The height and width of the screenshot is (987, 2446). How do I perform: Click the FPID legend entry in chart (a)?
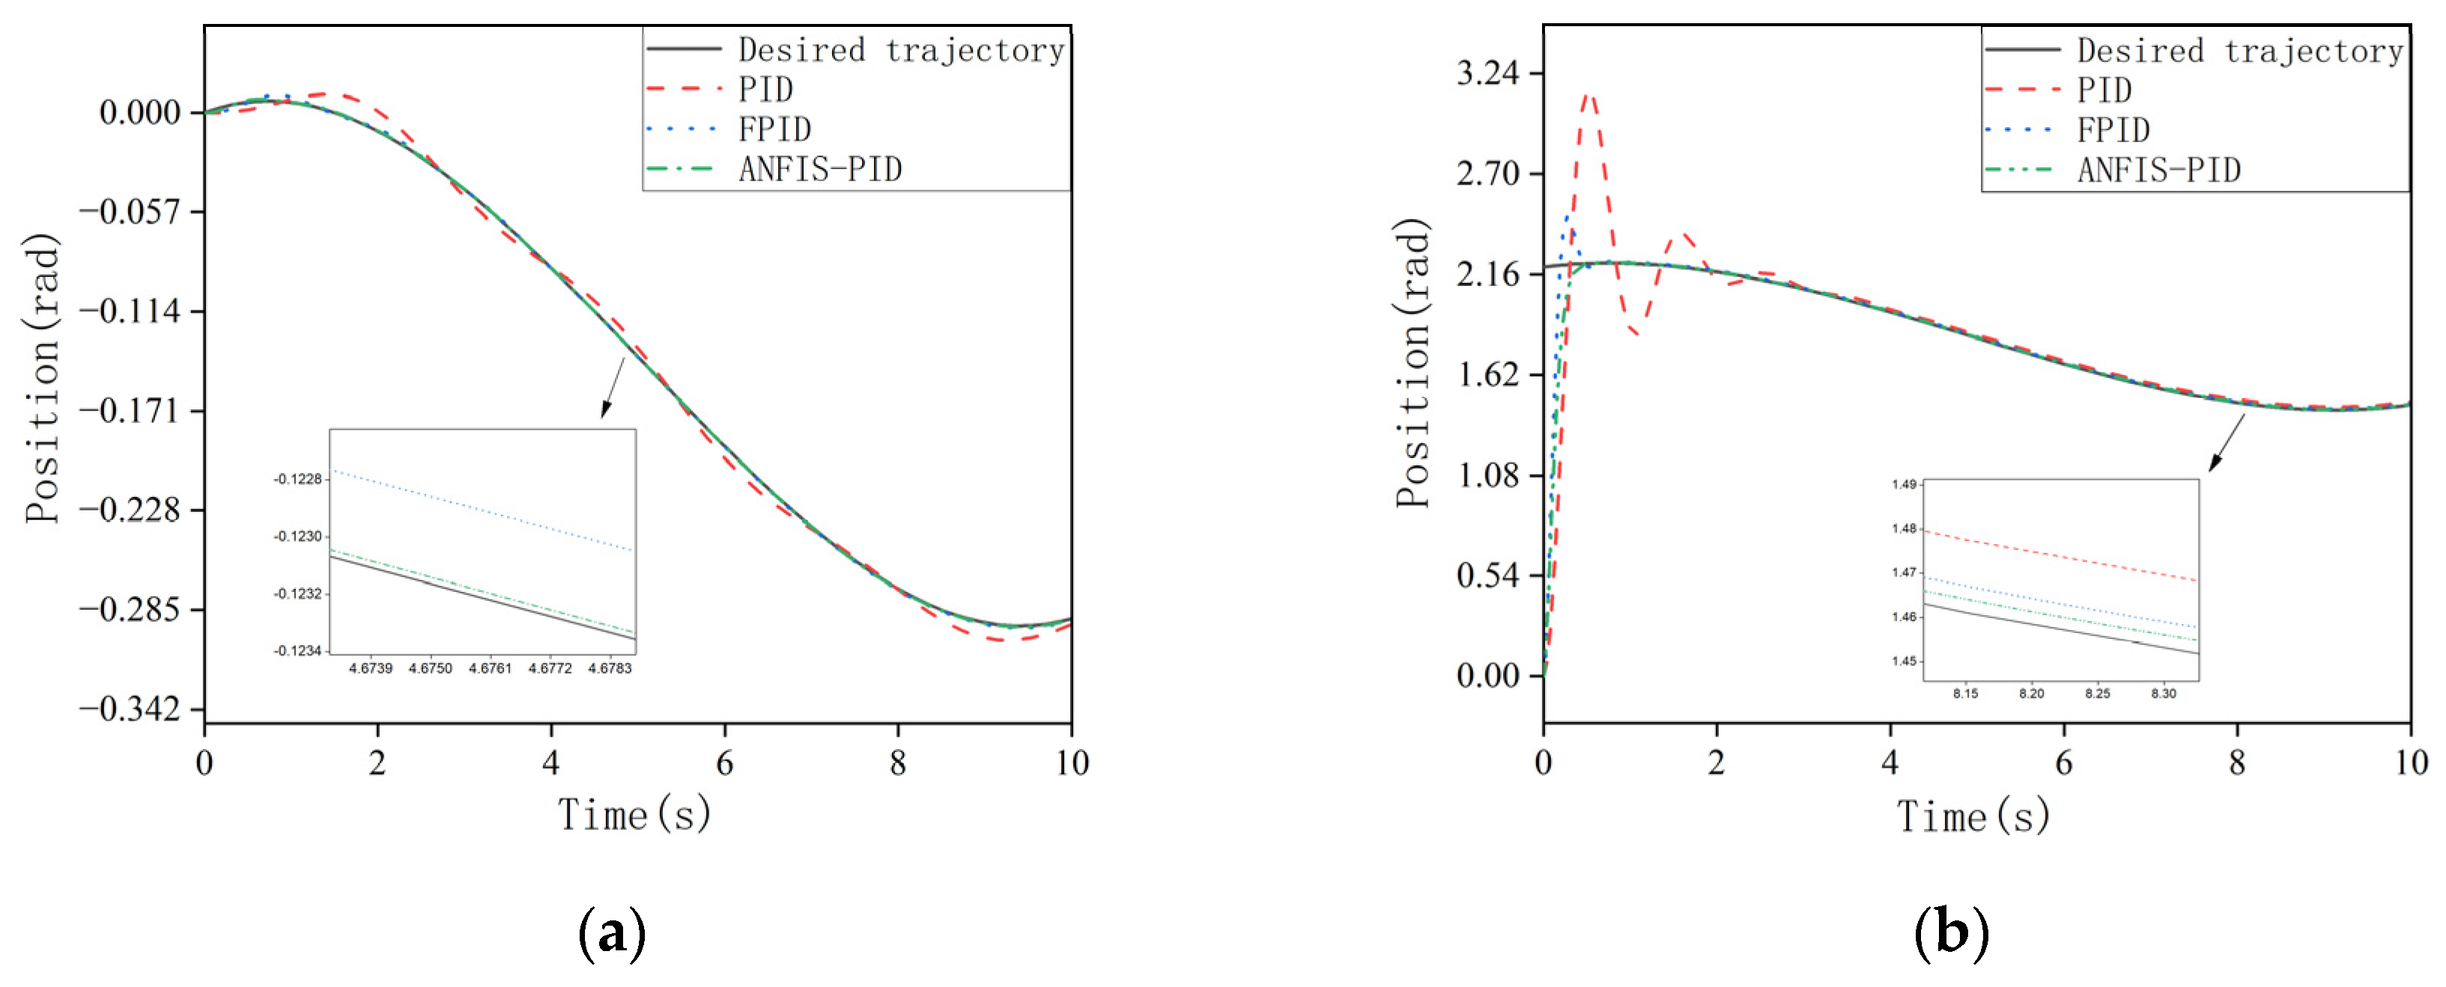(x=774, y=129)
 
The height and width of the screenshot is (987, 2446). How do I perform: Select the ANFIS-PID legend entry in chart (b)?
(x=2158, y=170)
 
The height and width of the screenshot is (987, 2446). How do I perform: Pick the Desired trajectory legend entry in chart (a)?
(x=900, y=49)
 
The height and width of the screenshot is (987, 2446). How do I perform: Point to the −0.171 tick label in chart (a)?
(x=130, y=411)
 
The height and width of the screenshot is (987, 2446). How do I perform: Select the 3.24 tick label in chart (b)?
(x=1487, y=73)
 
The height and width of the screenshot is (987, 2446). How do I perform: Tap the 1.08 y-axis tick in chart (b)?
(x=1487, y=474)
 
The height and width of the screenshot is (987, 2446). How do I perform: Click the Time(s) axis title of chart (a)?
(x=634, y=815)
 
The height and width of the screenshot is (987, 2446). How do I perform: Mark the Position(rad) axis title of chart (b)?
(x=1413, y=364)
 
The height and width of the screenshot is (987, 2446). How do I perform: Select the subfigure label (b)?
(x=1950, y=934)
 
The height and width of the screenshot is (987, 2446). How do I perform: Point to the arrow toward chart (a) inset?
(x=613, y=387)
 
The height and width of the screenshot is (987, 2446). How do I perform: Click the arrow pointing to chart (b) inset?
(x=2226, y=442)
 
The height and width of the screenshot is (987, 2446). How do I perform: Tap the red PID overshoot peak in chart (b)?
(x=1588, y=95)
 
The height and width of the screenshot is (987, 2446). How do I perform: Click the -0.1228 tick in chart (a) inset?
(x=297, y=479)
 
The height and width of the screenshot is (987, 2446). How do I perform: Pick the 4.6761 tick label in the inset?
(x=490, y=668)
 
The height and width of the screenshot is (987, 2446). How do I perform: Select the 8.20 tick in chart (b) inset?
(x=2031, y=694)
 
